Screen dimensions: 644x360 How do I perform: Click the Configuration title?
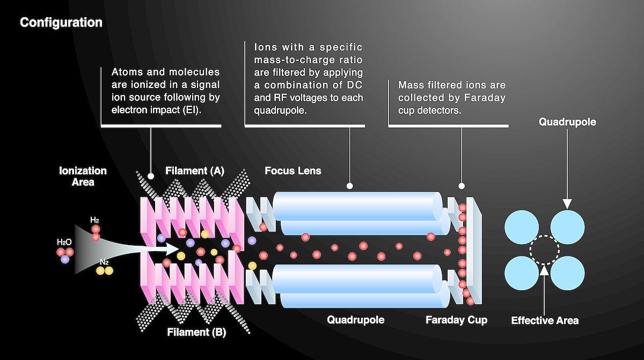pyautogui.click(x=61, y=23)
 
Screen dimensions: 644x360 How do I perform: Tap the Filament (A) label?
pyautogui.click(x=195, y=171)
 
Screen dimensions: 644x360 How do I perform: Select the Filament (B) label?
pyautogui.click(x=196, y=332)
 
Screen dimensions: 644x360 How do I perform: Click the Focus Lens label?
pyautogui.click(x=293, y=171)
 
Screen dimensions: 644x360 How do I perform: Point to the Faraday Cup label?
pyautogui.click(x=457, y=320)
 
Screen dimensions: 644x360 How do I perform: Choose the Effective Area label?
pyautogui.click(x=545, y=320)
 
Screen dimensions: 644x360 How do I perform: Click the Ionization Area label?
pyautogui.click(x=83, y=176)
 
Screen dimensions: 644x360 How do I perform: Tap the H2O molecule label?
pyautogui.click(x=64, y=242)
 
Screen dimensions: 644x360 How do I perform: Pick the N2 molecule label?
pyautogui.click(x=104, y=262)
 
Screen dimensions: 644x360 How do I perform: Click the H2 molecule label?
pyautogui.click(x=94, y=221)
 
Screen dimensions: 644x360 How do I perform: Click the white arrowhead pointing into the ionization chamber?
pyautogui.click(x=171, y=249)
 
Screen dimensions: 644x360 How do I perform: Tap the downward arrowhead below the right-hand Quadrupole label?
pyautogui.click(x=567, y=204)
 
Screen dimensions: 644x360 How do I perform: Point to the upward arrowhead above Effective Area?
pyautogui.click(x=544, y=270)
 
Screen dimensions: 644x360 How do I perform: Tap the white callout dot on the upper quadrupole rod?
pyautogui.click(x=349, y=186)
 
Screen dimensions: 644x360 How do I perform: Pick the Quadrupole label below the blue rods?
pyautogui.click(x=356, y=320)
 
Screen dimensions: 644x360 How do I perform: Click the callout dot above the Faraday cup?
pyautogui.click(x=462, y=186)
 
